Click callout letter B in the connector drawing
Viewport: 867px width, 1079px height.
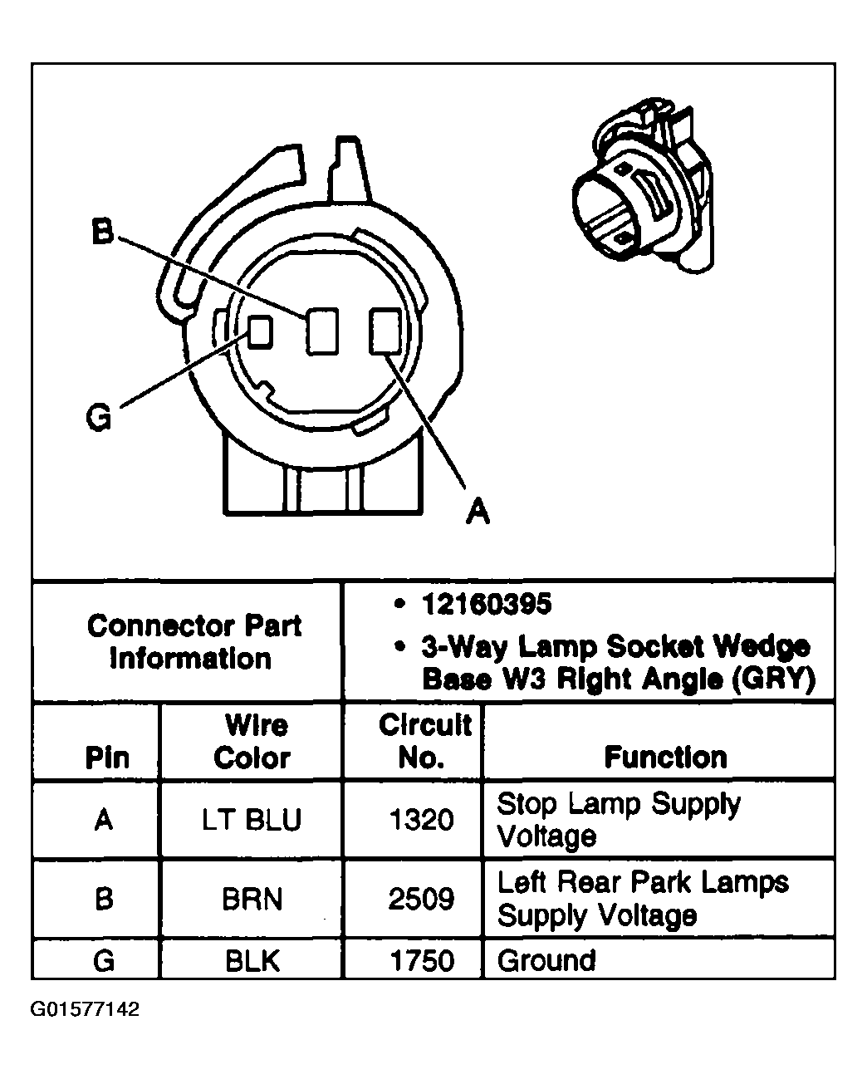point(101,233)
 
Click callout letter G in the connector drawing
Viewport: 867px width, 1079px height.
point(99,418)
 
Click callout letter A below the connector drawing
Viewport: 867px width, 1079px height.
point(477,510)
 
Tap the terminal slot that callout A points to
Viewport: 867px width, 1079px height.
point(385,331)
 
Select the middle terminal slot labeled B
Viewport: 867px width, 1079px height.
point(320,331)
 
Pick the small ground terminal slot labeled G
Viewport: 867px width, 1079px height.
point(260,331)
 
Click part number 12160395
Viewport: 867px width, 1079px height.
point(486,605)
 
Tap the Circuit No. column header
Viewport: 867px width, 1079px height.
point(424,741)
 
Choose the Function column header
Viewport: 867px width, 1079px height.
point(665,757)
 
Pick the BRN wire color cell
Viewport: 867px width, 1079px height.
point(252,900)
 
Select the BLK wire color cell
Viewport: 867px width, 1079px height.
point(252,961)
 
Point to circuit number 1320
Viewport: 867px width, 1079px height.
point(422,820)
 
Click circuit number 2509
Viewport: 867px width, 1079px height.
point(422,900)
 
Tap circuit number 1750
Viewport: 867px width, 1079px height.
point(422,961)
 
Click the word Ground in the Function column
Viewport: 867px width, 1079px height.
point(546,961)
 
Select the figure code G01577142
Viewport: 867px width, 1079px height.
point(85,1010)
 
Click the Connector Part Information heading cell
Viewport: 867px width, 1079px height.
point(193,642)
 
